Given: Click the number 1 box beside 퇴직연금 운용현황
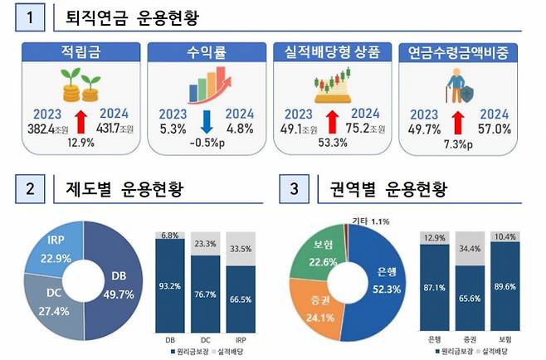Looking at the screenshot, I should pos(32,17).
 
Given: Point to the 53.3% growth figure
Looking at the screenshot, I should pos(333,142).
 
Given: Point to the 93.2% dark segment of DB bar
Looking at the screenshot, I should pos(170,286).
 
